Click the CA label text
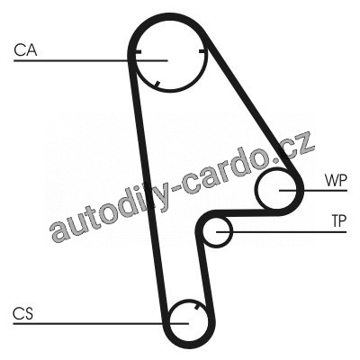click(25, 50)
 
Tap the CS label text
click(23, 313)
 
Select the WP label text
click(336, 181)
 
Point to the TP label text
click(339, 221)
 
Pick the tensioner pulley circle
click(203, 232)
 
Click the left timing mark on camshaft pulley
click(138, 52)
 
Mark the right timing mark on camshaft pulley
click(202, 51)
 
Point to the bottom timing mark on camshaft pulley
click(157, 85)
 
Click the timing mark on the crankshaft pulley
click(196, 306)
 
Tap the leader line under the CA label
click(91, 61)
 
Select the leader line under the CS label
click(101, 324)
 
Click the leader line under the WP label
click(313, 191)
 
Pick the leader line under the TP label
click(282, 232)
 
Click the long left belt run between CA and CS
click(147, 192)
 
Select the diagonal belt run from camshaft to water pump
click(252, 108)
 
